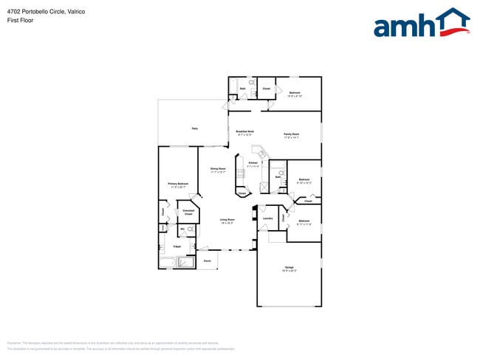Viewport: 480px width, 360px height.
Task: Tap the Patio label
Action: [195, 128]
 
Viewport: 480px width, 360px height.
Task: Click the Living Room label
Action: [227, 220]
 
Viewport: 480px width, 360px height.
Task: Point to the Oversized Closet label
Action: [188, 212]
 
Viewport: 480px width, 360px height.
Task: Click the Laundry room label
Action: [267, 218]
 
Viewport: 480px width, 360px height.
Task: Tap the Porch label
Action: [208, 260]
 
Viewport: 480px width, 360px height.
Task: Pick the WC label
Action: [182, 229]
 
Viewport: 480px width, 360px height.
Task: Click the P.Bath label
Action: [177, 246]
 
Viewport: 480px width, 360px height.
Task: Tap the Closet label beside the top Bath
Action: [266, 89]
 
